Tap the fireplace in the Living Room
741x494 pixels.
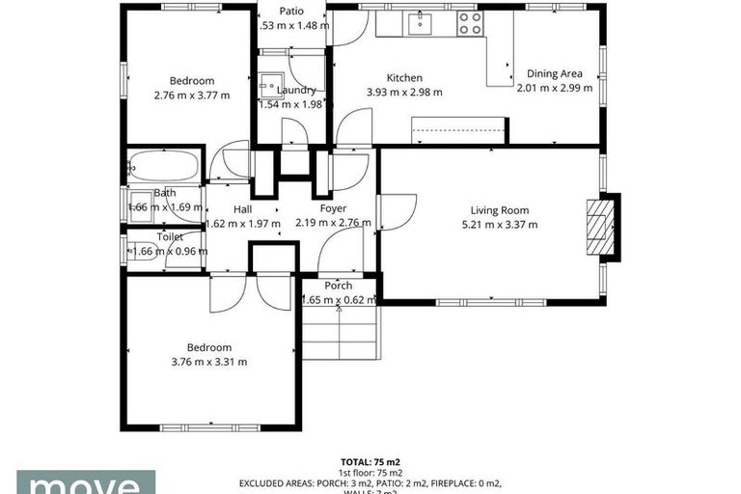pyautogui.click(x=601, y=228)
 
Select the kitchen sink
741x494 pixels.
pyautogui.click(x=422, y=24)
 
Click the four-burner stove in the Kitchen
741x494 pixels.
pyautogui.click(x=470, y=24)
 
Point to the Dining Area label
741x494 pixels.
pyautogui.click(x=554, y=73)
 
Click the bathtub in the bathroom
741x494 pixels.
pyautogui.click(x=163, y=167)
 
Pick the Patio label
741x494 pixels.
pyautogui.click(x=292, y=12)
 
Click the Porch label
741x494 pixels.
pyautogui.click(x=338, y=286)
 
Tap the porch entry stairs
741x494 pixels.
pyautogui.click(x=339, y=333)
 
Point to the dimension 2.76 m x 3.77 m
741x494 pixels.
pyautogui.click(x=192, y=96)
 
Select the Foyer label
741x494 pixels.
pyautogui.click(x=334, y=208)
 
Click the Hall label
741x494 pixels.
pyautogui.click(x=242, y=208)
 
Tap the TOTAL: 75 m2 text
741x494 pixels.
pyautogui.click(x=370, y=462)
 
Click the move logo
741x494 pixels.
pyautogui.click(x=85, y=482)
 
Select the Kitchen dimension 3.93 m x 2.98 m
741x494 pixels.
pyautogui.click(x=404, y=93)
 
